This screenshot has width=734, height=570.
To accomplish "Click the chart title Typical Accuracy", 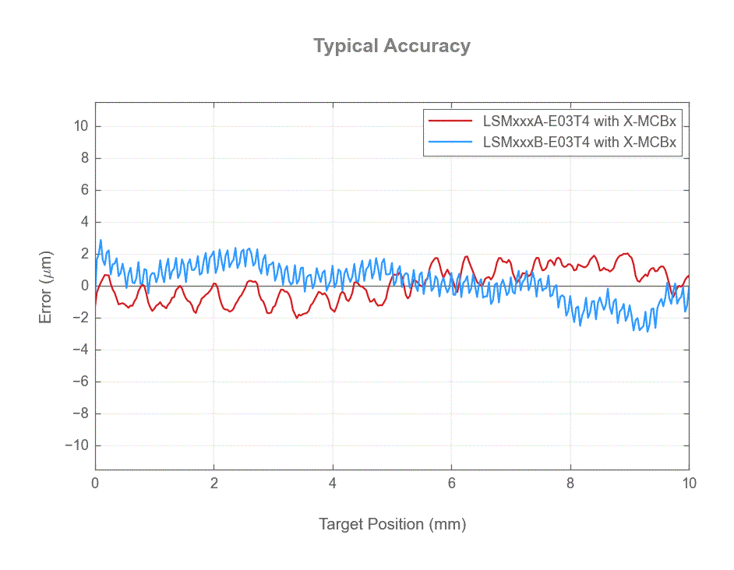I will coord(392,46).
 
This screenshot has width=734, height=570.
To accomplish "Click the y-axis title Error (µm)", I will coord(46,286).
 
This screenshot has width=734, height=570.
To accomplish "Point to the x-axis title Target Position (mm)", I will coord(392,524).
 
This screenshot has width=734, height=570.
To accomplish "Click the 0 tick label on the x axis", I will coord(95,484).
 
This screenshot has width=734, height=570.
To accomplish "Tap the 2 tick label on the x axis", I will coord(214,484).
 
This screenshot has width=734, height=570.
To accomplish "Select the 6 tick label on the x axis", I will coord(451,484).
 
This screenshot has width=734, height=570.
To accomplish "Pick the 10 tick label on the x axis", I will coord(688,484).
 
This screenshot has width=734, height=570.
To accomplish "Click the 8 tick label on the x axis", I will coord(570,484).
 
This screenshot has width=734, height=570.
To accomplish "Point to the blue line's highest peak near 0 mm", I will coord(101,241).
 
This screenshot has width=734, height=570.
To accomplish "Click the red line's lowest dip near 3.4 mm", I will coord(297,318).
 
